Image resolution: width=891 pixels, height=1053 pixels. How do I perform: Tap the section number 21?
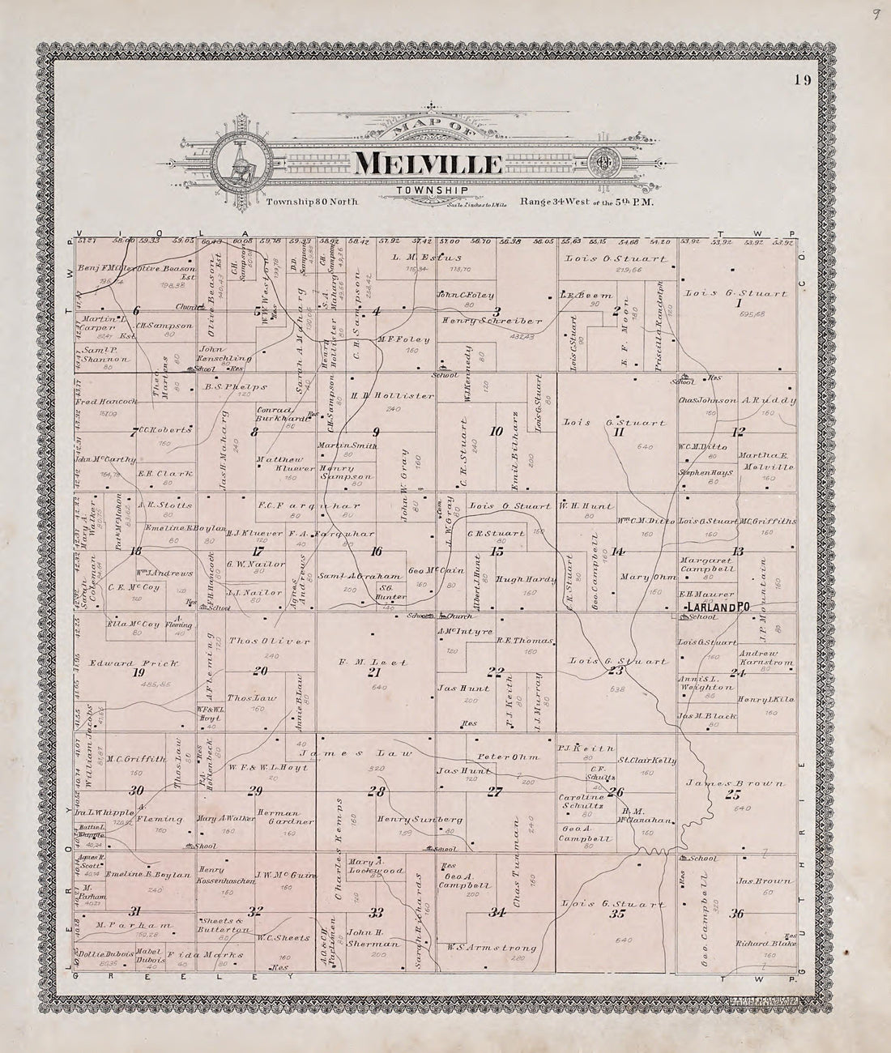pyautogui.click(x=373, y=673)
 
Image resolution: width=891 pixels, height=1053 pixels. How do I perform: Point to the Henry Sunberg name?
pyautogui.click(x=407, y=820)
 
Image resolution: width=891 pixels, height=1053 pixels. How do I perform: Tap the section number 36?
pyautogui.click(x=736, y=914)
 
